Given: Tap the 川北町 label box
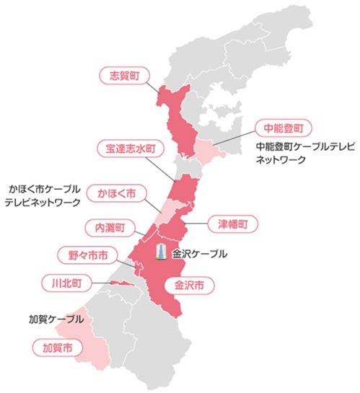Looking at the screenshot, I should pos(65,282).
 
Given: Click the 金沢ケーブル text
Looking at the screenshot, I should pos(200,254).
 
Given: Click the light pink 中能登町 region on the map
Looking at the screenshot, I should pos(205,151).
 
